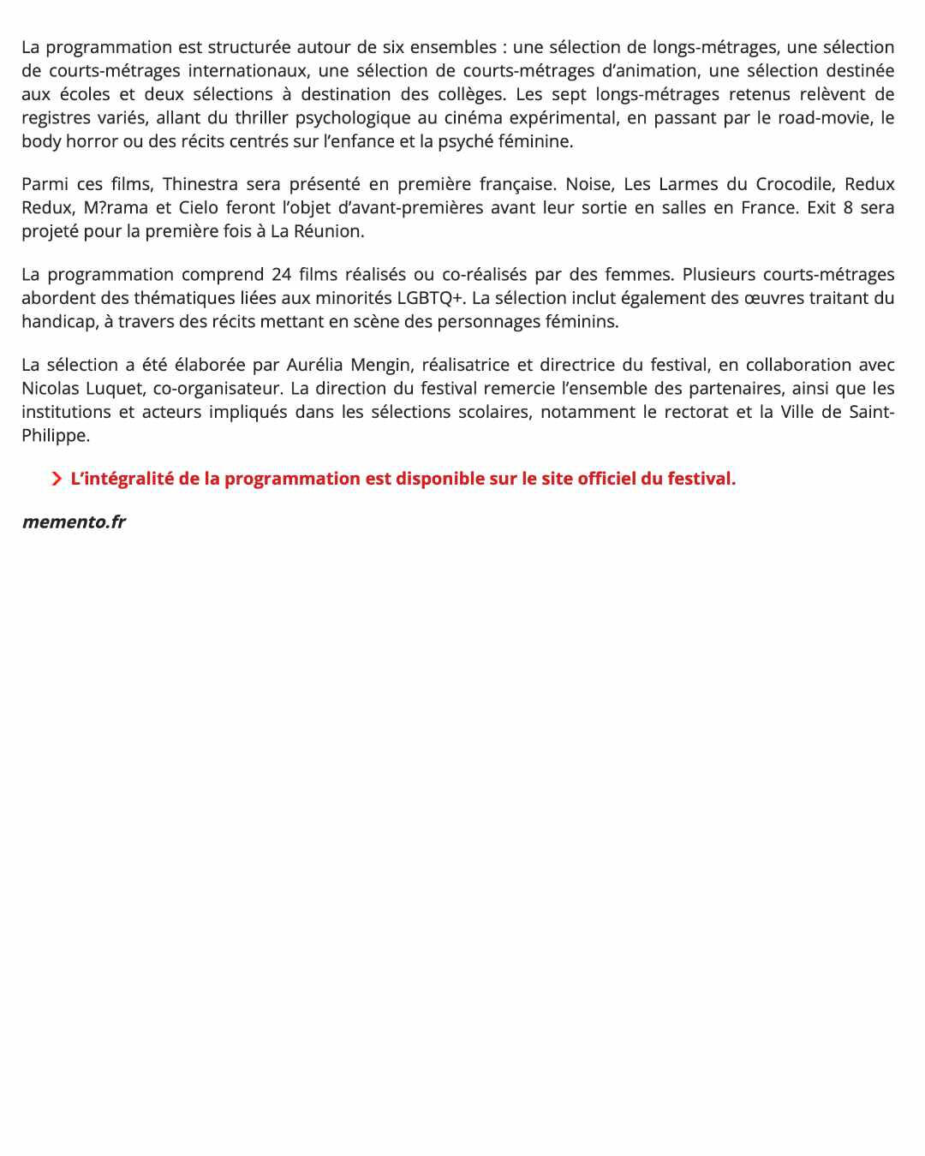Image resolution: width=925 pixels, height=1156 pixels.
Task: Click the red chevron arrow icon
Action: pyautogui.click(x=57, y=479)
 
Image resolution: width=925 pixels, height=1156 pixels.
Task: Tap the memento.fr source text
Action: pyautogui.click(x=74, y=521)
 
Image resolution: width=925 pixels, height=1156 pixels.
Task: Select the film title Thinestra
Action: pyautogui.click(x=200, y=184)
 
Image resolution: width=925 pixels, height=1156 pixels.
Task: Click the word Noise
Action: pyautogui.click(x=589, y=184)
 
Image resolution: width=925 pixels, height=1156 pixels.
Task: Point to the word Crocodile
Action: pyautogui.click(x=795, y=184)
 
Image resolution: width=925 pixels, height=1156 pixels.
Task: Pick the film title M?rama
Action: pyautogui.click(x=116, y=207)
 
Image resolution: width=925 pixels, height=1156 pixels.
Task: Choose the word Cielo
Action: pyautogui.click(x=198, y=207)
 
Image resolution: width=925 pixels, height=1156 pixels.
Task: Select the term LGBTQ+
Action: pyautogui.click(x=429, y=298)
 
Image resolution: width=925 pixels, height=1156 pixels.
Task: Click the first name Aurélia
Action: pyautogui.click(x=314, y=365)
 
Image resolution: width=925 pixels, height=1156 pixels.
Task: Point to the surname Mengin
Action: pyautogui.click(x=381, y=365)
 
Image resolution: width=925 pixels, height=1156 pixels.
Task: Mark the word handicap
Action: pyautogui.click(x=57, y=322)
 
